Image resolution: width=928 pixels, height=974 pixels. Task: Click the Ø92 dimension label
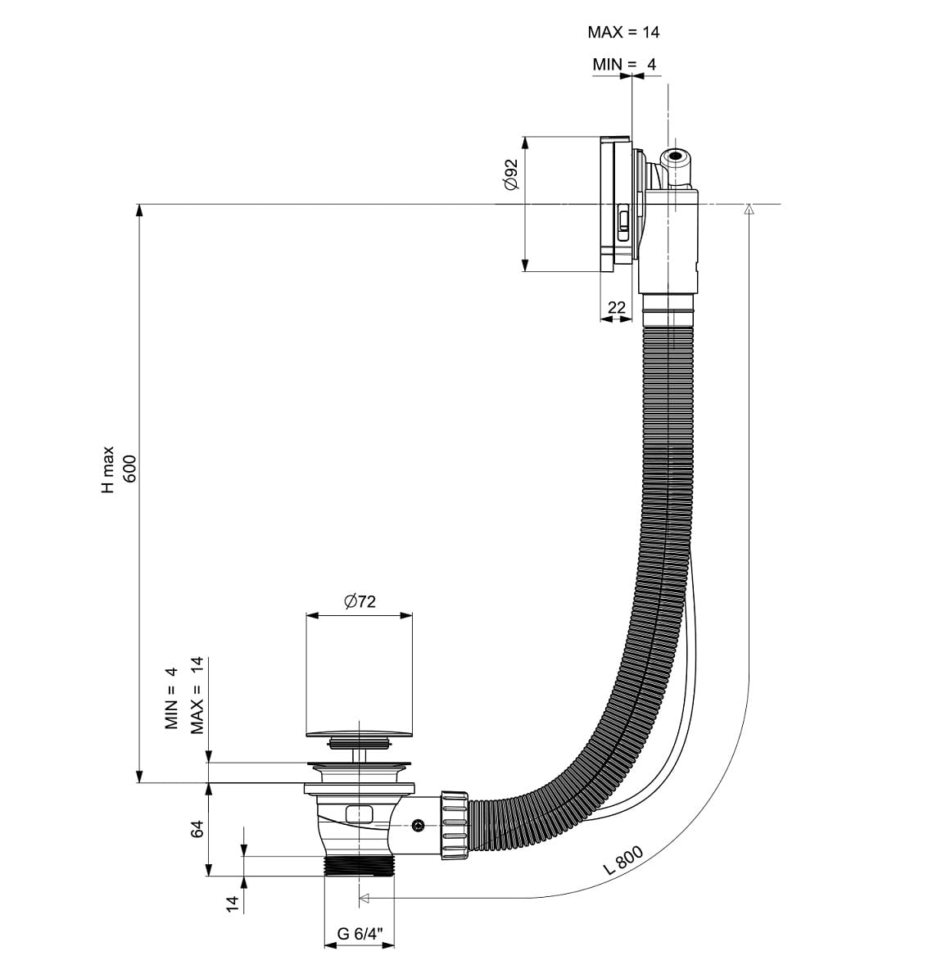click(x=510, y=174)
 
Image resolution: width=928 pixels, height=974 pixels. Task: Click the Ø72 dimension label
click(x=360, y=601)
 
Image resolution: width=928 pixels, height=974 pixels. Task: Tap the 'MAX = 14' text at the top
click(x=623, y=32)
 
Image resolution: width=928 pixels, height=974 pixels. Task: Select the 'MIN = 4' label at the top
click(x=623, y=64)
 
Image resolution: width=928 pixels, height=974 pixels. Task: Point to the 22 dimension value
click(x=616, y=307)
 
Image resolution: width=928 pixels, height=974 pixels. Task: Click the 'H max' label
click(x=108, y=469)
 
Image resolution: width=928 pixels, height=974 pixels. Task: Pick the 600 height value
click(x=129, y=469)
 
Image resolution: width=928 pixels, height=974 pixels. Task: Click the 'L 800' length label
click(x=623, y=859)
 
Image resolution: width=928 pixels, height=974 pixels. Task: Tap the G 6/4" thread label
click(x=360, y=934)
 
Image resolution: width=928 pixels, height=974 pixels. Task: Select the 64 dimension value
click(x=197, y=829)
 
